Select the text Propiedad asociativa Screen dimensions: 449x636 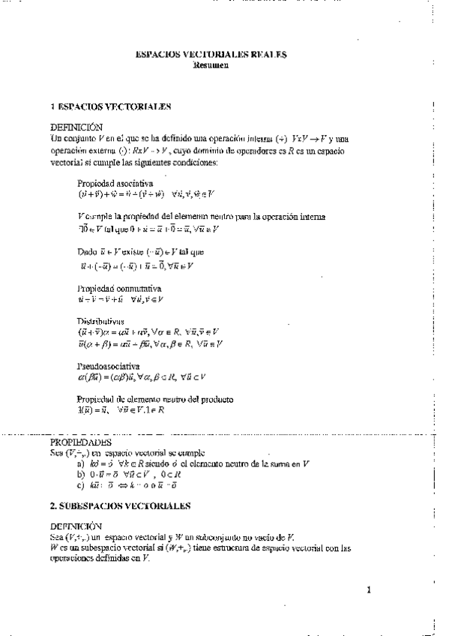coord(115,182)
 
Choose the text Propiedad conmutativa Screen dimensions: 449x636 coord(119,288)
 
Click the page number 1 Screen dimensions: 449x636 coord(370,589)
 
